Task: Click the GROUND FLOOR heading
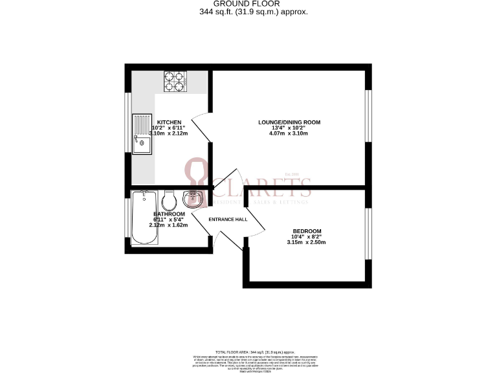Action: pos(248,4)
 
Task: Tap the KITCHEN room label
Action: pos(169,122)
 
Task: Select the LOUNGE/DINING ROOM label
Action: pos(289,122)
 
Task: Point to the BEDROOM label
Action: pos(307,231)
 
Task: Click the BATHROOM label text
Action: pos(169,214)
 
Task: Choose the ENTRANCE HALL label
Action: pos(228,220)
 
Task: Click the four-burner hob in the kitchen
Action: pos(174,82)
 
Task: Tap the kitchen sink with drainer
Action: pos(141,134)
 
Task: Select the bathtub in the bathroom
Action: pos(144,218)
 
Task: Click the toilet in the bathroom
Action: pos(168,198)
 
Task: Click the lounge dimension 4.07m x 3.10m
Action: pos(289,133)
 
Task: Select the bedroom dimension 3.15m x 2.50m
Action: pos(307,242)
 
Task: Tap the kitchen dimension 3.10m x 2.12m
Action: pos(169,133)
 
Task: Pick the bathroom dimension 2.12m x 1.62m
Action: pos(169,225)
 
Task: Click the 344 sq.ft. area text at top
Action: pos(248,12)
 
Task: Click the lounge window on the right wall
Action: pos(368,116)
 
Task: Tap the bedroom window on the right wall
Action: pos(368,234)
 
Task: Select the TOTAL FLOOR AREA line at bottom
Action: pos(248,350)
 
